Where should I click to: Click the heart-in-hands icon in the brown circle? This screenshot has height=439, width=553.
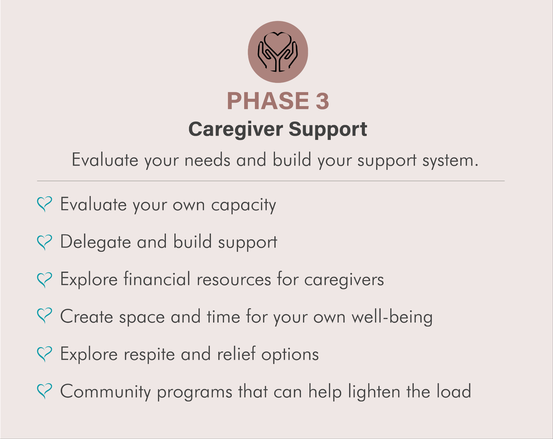(x=278, y=52)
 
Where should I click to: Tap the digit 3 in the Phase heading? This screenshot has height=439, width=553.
(x=322, y=101)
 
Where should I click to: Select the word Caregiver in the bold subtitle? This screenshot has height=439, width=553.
(x=236, y=129)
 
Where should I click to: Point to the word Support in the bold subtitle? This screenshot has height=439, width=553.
(x=328, y=129)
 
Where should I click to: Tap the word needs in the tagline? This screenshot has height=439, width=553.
(x=207, y=160)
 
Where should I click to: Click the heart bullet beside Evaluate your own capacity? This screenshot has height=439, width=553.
(x=45, y=204)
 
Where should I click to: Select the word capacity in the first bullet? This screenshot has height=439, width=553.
(x=244, y=205)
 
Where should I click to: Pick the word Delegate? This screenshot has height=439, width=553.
(x=95, y=242)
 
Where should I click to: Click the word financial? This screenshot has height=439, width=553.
(x=157, y=279)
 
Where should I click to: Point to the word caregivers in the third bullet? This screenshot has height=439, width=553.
(x=344, y=280)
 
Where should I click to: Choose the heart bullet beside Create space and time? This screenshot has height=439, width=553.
(x=45, y=316)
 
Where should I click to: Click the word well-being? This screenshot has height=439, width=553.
(x=392, y=317)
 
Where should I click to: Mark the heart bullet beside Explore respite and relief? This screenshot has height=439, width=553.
(x=45, y=354)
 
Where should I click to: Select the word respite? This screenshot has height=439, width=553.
(x=149, y=355)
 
